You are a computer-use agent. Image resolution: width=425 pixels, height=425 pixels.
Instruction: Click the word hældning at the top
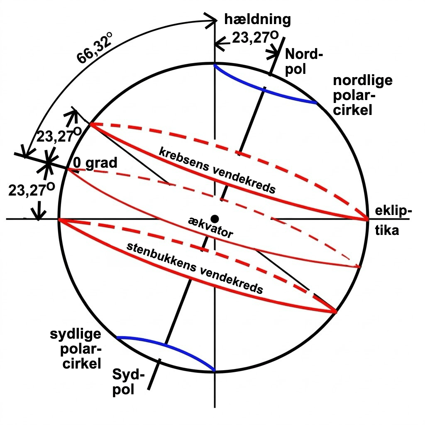257,20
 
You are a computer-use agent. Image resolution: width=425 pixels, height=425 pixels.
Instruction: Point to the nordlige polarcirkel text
363,95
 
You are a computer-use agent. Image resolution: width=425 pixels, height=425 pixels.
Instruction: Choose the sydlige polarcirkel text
76,349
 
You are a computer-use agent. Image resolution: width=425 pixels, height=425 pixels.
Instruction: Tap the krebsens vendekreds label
217,170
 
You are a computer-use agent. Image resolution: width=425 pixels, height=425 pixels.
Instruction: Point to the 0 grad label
95,163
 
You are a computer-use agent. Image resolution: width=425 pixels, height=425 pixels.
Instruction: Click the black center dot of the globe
215,218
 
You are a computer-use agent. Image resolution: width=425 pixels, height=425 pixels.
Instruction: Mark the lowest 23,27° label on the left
32,189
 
